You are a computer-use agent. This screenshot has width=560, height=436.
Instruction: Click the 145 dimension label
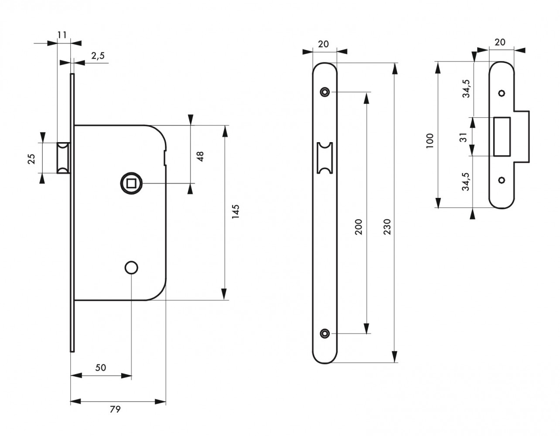pyautogui.click(x=236, y=212)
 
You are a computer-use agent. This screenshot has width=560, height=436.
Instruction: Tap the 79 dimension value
pyautogui.click(x=115, y=409)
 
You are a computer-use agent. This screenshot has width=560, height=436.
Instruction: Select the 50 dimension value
pyautogui.click(x=101, y=368)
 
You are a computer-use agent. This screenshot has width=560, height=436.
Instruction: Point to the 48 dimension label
pyautogui.click(x=201, y=157)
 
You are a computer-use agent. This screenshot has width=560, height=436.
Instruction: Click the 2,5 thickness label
pyautogui.click(x=98, y=55)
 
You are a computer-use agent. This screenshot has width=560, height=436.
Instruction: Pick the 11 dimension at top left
pyautogui.click(x=62, y=34)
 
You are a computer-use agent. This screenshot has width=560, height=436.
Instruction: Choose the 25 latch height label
pyautogui.click(x=31, y=158)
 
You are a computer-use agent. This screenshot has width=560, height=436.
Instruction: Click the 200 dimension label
pyautogui.click(x=359, y=227)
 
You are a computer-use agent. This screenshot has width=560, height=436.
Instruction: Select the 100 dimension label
pyautogui.click(x=430, y=141)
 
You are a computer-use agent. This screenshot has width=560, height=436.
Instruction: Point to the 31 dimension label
pyautogui.click(x=464, y=137)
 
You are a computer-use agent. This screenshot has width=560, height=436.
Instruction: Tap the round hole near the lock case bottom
pyautogui.click(x=130, y=267)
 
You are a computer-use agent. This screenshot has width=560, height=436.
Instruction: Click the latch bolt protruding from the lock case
pyautogui.click(x=63, y=157)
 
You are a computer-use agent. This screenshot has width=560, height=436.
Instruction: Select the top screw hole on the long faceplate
pyautogui.click(x=324, y=92)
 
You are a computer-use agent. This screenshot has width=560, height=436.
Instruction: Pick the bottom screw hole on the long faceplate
pyautogui.click(x=324, y=334)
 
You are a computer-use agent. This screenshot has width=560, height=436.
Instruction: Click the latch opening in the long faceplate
pyautogui.click(x=325, y=157)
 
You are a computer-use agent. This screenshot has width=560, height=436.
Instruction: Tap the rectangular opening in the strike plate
pyautogui.click(x=502, y=136)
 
